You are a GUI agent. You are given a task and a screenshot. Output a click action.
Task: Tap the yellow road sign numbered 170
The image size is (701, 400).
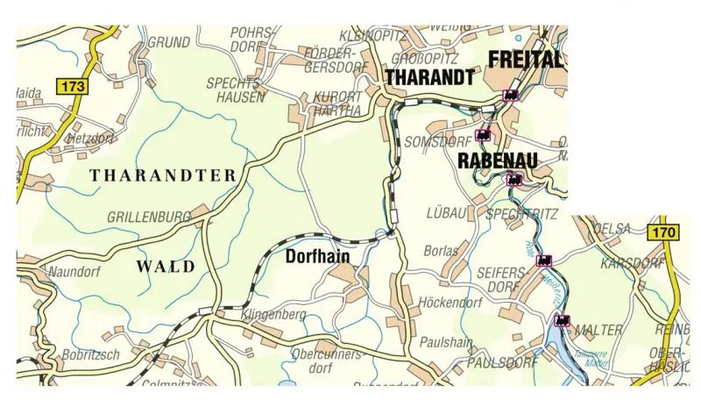(x=663, y=232)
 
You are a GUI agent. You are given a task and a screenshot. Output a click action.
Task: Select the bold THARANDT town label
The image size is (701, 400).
(x=429, y=78)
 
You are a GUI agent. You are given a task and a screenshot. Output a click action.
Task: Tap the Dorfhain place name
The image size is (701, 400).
(x=318, y=257)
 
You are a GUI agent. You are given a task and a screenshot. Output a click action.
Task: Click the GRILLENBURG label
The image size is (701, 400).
(x=149, y=216)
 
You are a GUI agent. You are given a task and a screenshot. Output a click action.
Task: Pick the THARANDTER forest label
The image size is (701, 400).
(x=163, y=175)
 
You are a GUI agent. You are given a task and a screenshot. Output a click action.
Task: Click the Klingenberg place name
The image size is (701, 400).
(x=274, y=314)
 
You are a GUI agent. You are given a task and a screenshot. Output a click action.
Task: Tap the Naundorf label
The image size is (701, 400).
(x=73, y=271)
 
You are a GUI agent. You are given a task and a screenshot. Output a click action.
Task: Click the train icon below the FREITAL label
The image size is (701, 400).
(x=510, y=95)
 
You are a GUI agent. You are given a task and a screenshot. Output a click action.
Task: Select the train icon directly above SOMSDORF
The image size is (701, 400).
(x=482, y=135)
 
